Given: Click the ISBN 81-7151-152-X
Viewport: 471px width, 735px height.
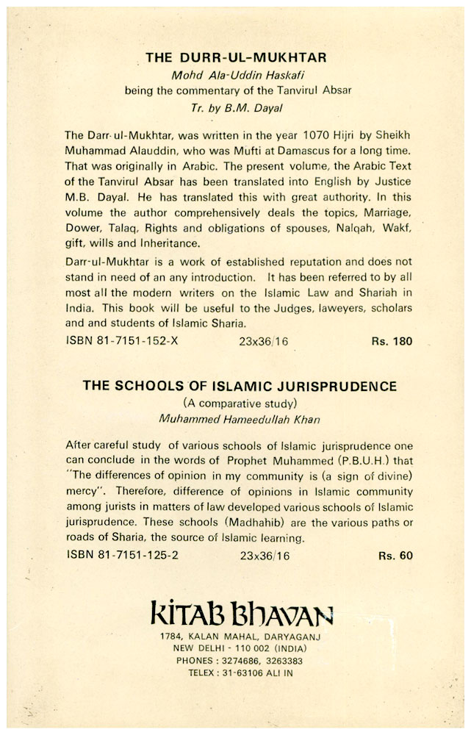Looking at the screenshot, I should tap(119, 341).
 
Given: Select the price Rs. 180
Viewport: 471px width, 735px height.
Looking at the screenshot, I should tap(392, 341).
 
